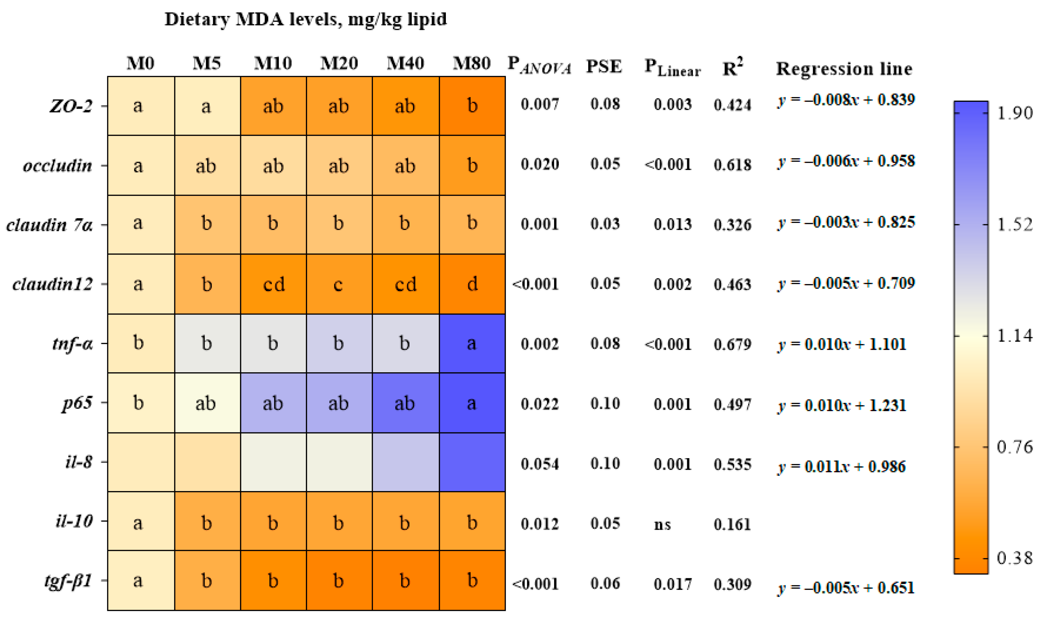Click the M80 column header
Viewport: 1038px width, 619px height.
[471, 63]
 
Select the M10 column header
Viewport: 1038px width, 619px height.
[273, 63]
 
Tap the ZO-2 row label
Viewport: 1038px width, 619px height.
[71, 106]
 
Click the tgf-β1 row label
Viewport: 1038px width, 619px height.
[68, 581]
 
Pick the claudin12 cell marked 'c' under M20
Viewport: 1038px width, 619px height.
[339, 284]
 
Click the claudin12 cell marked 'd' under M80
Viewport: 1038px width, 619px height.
[472, 284]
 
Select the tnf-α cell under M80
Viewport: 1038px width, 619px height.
[472, 344]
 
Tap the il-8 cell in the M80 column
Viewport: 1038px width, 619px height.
[472, 462]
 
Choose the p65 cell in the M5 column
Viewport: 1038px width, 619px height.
[207, 403]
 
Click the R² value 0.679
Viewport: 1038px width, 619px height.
[732, 344]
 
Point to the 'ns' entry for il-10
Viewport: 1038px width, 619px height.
[662, 524]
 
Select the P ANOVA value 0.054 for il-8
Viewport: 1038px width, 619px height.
[540, 464]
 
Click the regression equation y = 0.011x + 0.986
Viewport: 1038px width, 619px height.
[842, 466]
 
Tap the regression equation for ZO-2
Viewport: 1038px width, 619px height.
[846, 100]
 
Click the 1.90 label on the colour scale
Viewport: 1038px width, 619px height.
[1015, 113]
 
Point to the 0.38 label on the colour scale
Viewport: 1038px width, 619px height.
[1015, 558]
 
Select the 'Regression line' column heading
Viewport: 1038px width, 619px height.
[844, 69]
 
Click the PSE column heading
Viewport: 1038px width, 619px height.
[604, 66]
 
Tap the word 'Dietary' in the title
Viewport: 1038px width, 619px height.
[197, 19]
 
